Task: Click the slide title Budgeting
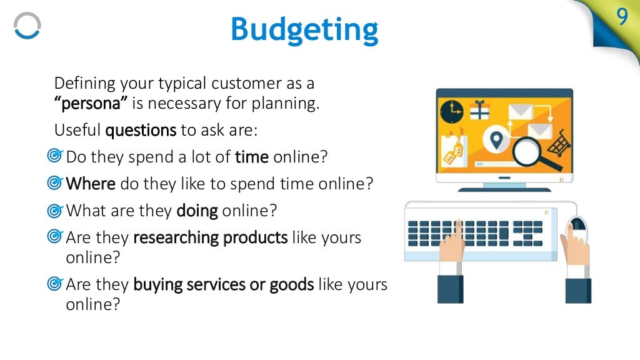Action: click(x=304, y=29)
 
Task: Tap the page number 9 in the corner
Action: click(x=622, y=17)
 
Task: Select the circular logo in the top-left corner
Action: click(x=27, y=26)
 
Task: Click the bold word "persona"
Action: click(x=82, y=104)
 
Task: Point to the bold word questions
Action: click(x=141, y=131)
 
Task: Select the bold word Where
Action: click(x=91, y=184)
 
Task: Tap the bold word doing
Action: click(x=197, y=211)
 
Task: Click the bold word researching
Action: click(x=176, y=238)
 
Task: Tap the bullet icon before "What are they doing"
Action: click(x=55, y=211)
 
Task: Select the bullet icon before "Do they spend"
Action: click(x=55, y=156)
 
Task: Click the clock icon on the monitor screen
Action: click(x=451, y=112)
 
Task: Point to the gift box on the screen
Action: click(x=480, y=111)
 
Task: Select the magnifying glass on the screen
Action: click(x=529, y=152)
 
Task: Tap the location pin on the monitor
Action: click(x=496, y=139)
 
